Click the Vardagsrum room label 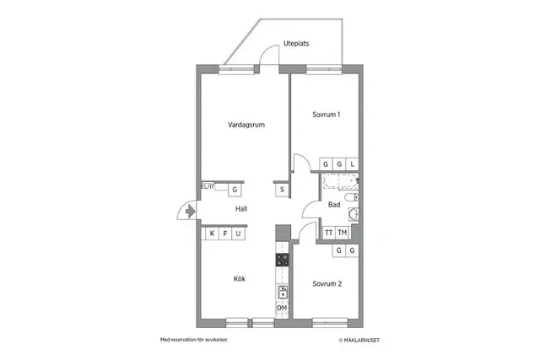(x=246, y=125)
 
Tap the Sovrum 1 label (x=327, y=115)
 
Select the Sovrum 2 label (x=327, y=284)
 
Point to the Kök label (x=240, y=279)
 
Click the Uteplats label (x=296, y=44)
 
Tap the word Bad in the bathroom (x=334, y=205)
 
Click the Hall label (x=241, y=209)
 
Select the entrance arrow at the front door (x=190, y=211)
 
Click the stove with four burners (x=282, y=260)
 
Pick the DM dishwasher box (x=282, y=308)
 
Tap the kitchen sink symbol (x=283, y=293)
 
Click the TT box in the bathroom (x=329, y=233)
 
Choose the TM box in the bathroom (x=342, y=233)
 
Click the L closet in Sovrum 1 (x=353, y=164)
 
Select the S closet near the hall (x=282, y=190)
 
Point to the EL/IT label (x=208, y=187)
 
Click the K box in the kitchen (x=212, y=234)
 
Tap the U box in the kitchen (x=238, y=234)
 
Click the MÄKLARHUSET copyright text (x=359, y=341)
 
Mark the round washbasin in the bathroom (x=354, y=214)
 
